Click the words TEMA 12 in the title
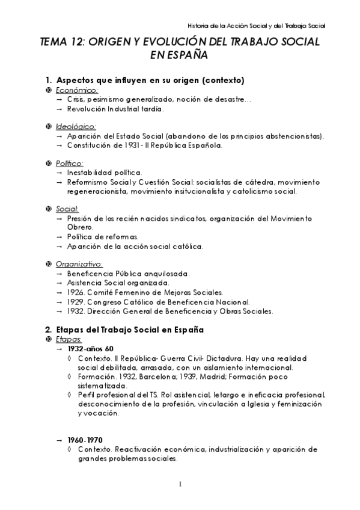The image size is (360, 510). [59, 43]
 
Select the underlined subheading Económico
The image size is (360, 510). [76, 90]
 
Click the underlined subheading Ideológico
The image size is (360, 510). [76, 127]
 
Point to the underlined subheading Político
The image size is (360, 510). [69, 164]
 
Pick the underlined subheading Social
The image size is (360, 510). [67, 209]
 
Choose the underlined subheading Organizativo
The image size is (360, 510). [79, 264]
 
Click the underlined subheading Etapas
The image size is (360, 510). [68, 339]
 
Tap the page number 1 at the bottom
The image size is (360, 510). [180, 484]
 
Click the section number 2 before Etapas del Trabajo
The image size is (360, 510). [48, 330]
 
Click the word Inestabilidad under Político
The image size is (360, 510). [89, 173]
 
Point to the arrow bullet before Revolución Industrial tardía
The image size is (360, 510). [59, 109]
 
